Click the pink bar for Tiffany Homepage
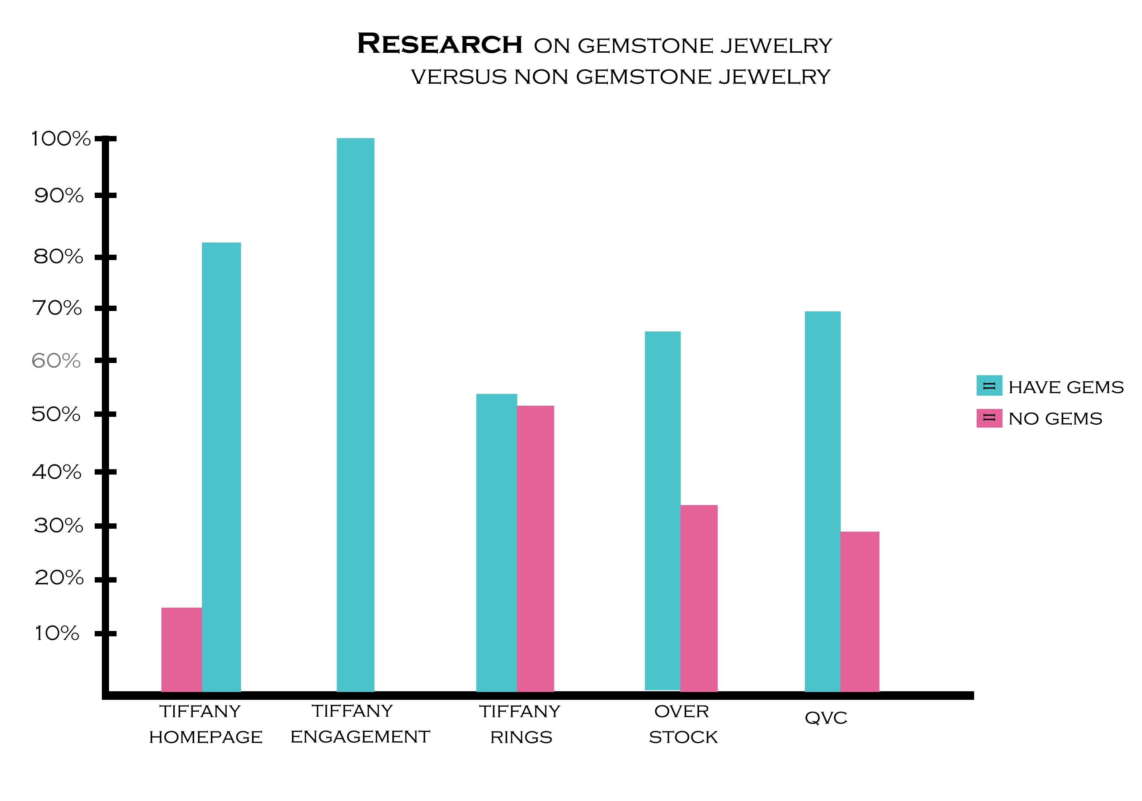[x=181, y=649]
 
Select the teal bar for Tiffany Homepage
[x=221, y=467]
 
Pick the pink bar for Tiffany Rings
[x=535, y=548]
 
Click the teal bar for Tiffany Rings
[x=496, y=542]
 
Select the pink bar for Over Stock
[x=699, y=598]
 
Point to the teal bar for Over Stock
[x=662, y=510]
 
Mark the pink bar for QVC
[x=859, y=612]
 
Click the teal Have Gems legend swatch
[x=989, y=386]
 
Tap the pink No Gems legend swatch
[x=989, y=418]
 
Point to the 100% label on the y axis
[x=61, y=139]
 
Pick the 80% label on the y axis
[x=58, y=257]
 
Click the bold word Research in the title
[x=440, y=44]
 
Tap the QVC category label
[x=826, y=718]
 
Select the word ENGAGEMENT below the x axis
[x=360, y=737]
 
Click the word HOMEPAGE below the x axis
[x=206, y=737]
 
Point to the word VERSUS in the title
[x=459, y=77]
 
